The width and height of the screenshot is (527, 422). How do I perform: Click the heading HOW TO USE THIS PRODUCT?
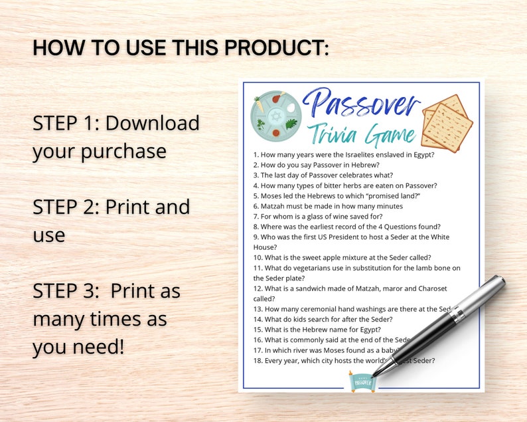tap(181, 48)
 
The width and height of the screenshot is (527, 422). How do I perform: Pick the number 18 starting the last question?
tap(258, 361)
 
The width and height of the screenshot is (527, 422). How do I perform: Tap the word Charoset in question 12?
tap(429, 288)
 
